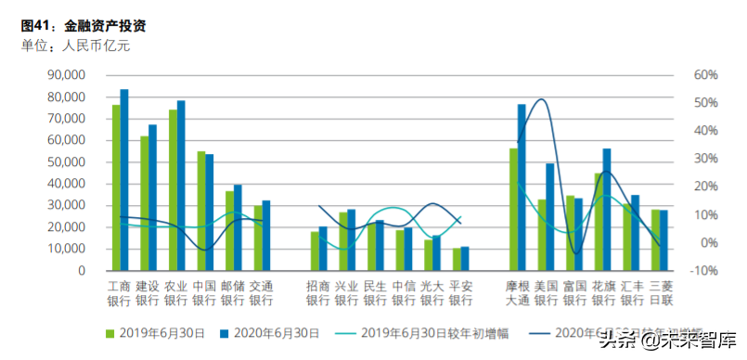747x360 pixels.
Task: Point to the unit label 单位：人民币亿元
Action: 75,45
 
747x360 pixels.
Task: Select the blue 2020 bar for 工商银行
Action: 124,180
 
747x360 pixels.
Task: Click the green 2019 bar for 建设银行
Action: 144,203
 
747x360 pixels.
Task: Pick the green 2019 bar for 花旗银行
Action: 599,222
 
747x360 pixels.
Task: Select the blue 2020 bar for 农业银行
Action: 181,186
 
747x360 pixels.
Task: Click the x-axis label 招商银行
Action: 317,293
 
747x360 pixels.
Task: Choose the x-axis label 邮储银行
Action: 232,293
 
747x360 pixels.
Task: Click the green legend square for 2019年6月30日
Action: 109,331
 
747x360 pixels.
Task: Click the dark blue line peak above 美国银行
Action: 541,99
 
